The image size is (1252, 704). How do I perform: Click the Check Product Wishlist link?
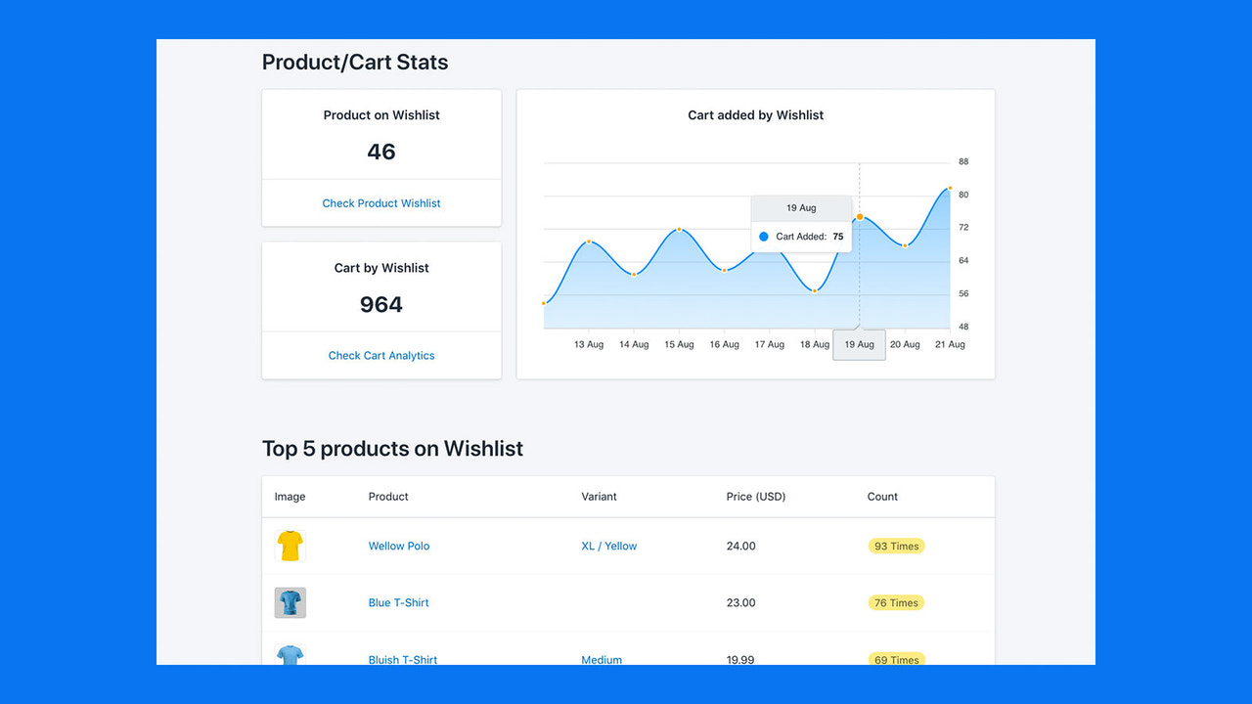tap(381, 203)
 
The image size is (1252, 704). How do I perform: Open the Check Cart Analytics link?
tap(381, 356)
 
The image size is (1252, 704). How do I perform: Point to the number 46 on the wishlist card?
tap(381, 152)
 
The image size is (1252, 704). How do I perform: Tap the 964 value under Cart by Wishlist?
tap(381, 304)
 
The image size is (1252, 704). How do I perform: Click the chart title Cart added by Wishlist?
tap(755, 115)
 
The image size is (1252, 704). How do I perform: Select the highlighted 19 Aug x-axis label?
tap(859, 344)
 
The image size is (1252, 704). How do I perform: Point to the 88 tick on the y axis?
tap(963, 161)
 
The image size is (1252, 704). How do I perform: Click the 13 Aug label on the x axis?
tap(589, 344)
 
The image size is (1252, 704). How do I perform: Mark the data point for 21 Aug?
tap(949, 188)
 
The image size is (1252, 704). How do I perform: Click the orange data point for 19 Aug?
tap(860, 216)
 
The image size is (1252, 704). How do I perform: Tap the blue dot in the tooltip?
tap(764, 237)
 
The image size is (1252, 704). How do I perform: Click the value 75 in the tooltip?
tap(838, 237)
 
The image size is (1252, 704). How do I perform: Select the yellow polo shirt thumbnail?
tap(290, 546)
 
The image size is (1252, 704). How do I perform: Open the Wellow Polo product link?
tap(399, 546)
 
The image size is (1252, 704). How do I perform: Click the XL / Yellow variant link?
tap(608, 546)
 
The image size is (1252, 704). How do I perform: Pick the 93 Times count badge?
tap(896, 546)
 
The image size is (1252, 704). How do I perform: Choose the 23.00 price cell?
tap(740, 602)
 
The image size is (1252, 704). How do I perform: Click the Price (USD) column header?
tap(755, 497)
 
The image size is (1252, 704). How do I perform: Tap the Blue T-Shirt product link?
tap(398, 602)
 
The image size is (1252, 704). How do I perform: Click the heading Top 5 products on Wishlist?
tap(392, 449)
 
